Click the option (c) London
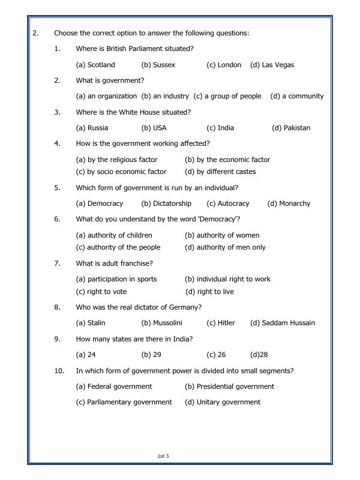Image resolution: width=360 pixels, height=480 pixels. (224, 65)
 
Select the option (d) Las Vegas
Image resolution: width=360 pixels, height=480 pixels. (272, 65)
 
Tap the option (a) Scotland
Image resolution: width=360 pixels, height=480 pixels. (95, 65)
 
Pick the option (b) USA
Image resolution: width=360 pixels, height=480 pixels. (154, 128)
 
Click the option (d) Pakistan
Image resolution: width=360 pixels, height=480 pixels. (291, 128)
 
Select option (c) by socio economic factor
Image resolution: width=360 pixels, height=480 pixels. (121, 172)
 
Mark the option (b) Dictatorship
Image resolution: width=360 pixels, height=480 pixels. (166, 203)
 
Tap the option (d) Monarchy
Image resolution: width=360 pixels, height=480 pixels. (289, 203)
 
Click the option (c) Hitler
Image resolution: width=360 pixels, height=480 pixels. (221, 323)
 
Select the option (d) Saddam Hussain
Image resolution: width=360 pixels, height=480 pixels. (282, 323)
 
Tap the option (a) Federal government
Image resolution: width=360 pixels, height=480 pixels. (114, 386)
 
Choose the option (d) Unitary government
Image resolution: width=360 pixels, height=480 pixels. (223, 402)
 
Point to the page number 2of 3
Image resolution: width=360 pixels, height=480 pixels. (163, 457)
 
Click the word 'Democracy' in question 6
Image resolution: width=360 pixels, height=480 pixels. (218, 219)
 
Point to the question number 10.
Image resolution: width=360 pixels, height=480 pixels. (59, 371)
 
